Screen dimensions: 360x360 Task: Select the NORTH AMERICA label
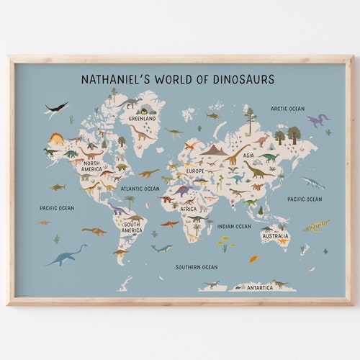pos(91,166)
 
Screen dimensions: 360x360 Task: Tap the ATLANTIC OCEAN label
pos(140,189)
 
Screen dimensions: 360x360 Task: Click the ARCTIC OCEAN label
pos(287,109)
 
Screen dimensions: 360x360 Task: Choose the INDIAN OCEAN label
pos(234,226)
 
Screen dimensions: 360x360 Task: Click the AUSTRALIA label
pos(275,236)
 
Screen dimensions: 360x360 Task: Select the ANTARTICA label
pos(259,287)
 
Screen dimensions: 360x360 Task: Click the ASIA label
pos(248,155)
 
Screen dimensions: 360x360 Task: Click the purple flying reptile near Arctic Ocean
pos(317,120)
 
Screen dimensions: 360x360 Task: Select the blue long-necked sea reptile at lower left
pos(65,255)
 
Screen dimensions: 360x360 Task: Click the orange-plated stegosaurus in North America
pos(57,138)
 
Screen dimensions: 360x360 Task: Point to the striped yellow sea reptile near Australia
pos(316,225)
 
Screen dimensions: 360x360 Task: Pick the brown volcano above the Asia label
pos(214,150)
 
